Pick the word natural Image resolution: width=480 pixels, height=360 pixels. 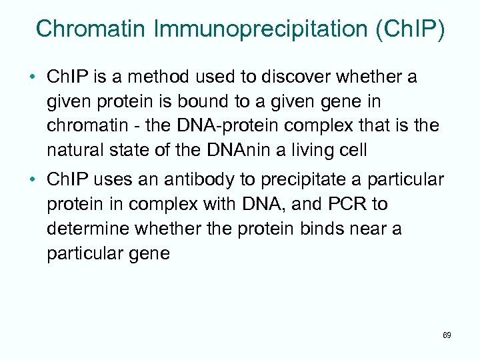click(x=75, y=150)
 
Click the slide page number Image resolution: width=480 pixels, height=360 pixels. click(x=446, y=335)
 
